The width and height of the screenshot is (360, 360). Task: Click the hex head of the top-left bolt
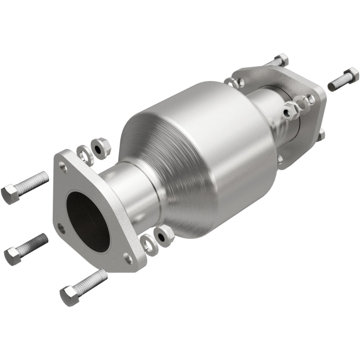pyautogui.click(x=10, y=194)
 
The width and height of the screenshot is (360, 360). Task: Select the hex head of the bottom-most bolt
pyautogui.click(x=69, y=296)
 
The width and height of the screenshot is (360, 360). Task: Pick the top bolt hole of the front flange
pyautogui.click(x=63, y=169)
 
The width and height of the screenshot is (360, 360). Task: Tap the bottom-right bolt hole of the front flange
pyautogui.click(x=128, y=258)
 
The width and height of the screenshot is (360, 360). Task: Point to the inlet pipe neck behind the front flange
pyautogui.click(x=122, y=184)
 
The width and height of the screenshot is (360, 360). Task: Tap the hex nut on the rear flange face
pyautogui.click(x=290, y=108)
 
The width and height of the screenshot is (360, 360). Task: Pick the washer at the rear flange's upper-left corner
pyautogui.click(x=231, y=82)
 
